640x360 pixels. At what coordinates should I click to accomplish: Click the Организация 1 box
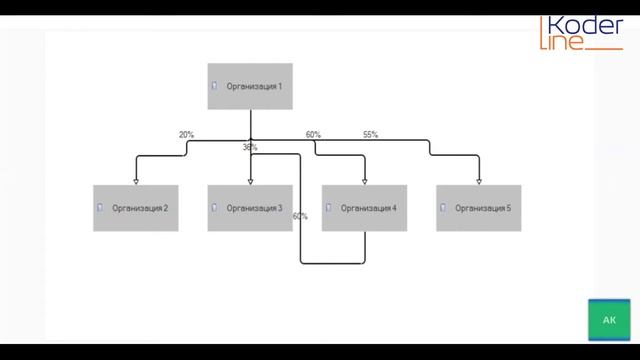[x=250, y=86]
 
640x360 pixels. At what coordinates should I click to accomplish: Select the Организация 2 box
[x=136, y=208]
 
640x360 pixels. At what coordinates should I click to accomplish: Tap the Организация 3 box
[x=250, y=208]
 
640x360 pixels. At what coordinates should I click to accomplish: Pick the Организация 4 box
[x=364, y=208]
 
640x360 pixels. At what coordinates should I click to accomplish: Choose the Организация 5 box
[x=478, y=208]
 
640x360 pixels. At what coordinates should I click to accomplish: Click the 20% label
[x=186, y=135]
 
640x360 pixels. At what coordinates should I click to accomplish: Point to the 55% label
[x=370, y=135]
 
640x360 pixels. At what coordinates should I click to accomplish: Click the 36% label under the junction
[x=250, y=147]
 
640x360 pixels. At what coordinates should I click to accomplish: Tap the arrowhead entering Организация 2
[x=136, y=182]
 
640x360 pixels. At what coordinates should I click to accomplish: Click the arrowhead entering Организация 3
[x=251, y=182]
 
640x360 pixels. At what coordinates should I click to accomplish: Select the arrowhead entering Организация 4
[x=365, y=182]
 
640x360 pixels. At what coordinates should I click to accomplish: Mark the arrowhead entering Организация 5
[x=479, y=182]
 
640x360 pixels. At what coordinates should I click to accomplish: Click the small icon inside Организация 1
[x=214, y=85]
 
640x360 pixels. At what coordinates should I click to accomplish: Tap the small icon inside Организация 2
[x=100, y=207]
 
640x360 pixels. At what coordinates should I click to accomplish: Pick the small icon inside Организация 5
[x=443, y=207]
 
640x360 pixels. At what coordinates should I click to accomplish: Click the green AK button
[x=609, y=320]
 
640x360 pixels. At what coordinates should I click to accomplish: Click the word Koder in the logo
[x=586, y=25]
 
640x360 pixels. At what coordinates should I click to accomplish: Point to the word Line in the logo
[x=562, y=42]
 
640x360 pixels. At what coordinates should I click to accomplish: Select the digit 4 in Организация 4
[x=394, y=208]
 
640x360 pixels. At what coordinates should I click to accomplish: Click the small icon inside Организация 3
[x=214, y=207]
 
